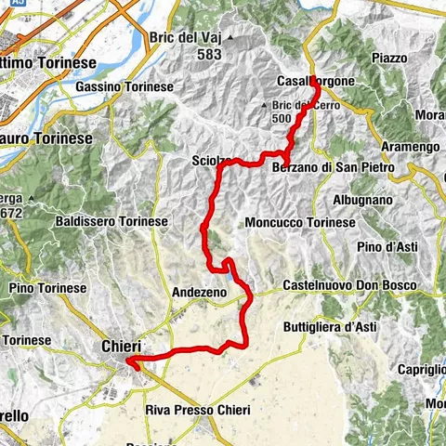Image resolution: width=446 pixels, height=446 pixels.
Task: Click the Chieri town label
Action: point(120,346)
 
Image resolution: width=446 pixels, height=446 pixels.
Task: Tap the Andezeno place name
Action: point(200,292)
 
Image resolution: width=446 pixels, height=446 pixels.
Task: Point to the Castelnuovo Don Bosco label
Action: point(348,284)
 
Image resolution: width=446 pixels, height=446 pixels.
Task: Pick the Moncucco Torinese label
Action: point(300,223)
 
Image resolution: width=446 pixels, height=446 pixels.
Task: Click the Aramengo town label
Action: point(410,148)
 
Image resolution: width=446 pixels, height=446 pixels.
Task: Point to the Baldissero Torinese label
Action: point(111,222)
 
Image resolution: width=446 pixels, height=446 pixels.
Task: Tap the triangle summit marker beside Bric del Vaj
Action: point(228,38)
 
